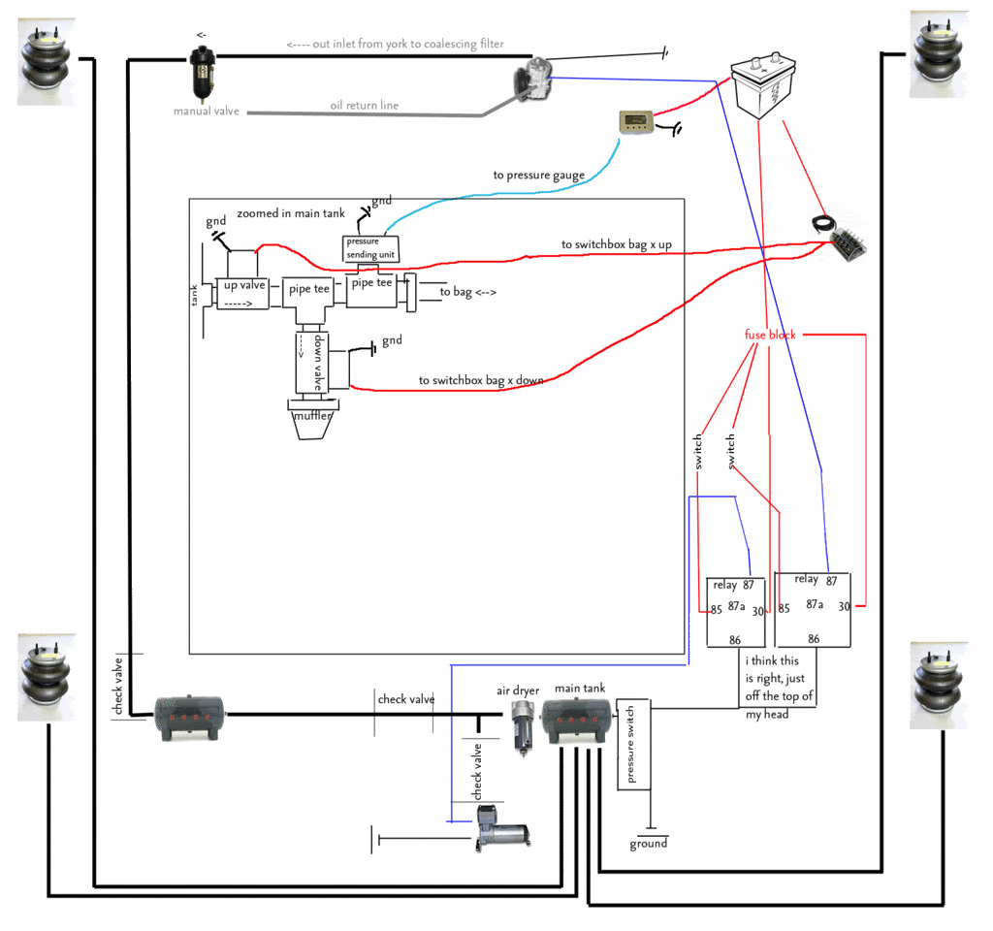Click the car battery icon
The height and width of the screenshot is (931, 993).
point(763,85)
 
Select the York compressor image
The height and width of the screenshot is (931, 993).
point(533,79)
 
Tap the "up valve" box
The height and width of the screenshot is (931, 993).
point(243,293)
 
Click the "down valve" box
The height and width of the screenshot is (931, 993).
point(311,363)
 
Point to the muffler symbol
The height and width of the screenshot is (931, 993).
point(312,419)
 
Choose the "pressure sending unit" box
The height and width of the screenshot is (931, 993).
point(370,248)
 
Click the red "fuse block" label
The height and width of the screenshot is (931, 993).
point(770,335)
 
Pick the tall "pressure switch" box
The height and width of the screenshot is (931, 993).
point(633,744)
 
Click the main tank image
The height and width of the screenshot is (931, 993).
point(576,722)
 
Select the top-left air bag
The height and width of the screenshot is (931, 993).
point(46,61)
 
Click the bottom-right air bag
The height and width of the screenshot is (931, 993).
point(939,686)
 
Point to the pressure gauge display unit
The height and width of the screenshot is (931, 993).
point(636,121)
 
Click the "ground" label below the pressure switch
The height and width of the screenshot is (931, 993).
point(649,844)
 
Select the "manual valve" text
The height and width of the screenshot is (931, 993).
point(207,111)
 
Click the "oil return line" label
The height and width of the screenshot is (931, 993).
point(365,105)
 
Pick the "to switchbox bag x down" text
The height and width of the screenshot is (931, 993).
point(481,380)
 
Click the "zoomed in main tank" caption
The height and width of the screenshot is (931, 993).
point(291,213)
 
